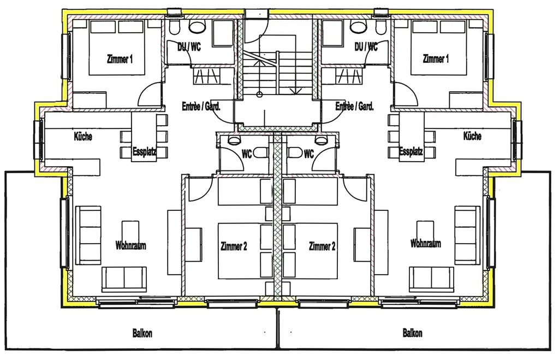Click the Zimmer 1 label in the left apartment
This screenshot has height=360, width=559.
[120, 59]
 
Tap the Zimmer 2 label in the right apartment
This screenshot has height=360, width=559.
[322, 246]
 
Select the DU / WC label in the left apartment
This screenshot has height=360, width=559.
[189, 46]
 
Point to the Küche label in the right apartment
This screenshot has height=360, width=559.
[472, 136]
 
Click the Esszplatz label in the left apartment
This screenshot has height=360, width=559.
[144, 152]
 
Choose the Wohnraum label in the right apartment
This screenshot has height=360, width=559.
[425, 244]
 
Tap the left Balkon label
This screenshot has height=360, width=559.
[142, 333]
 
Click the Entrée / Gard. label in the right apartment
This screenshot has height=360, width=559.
[354, 106]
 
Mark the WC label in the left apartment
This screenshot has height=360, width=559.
[247, 154]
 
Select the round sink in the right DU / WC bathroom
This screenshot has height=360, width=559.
[358, 26]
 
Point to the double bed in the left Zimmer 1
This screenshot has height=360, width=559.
[117, 48]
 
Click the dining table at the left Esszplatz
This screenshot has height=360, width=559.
[144, 137]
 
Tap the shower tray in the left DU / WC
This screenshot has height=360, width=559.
[223, 33]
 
